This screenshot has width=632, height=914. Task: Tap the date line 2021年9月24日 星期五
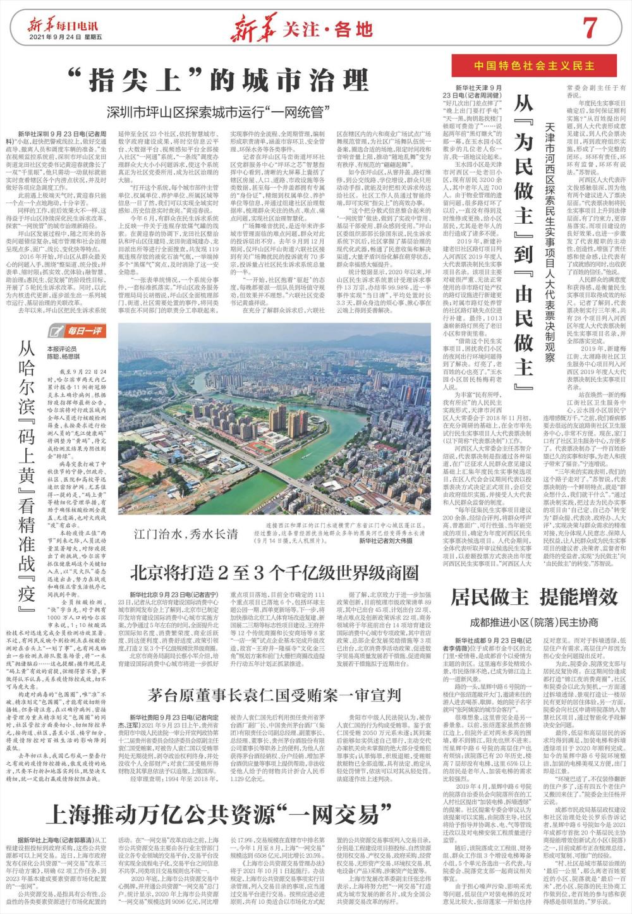pyautogui.click(x=61, y=37)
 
